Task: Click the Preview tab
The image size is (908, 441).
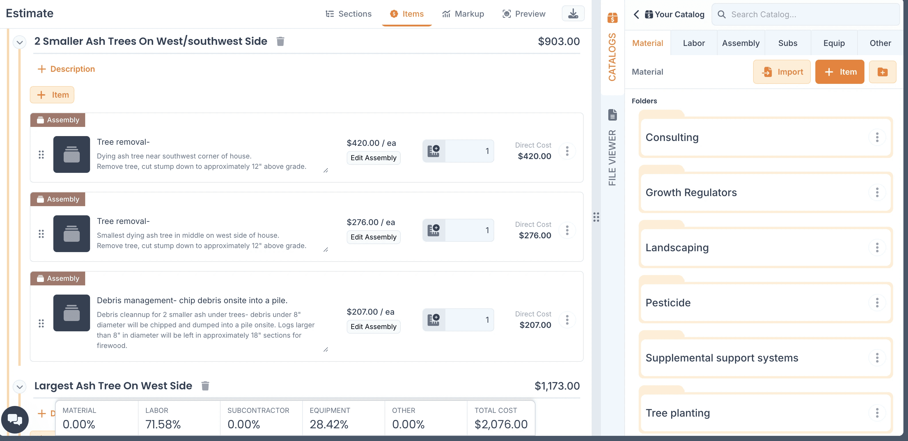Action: pos(524,14)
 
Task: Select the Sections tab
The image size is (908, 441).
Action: pos(348,14)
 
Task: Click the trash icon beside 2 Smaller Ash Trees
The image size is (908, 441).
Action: pos(280,41)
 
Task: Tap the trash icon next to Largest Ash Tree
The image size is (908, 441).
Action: pos(205,386)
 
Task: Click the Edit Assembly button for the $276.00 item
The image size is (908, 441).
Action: pos(373,237)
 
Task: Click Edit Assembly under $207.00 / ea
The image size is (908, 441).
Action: pos(373,327)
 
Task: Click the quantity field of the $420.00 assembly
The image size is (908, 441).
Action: pos(469,151)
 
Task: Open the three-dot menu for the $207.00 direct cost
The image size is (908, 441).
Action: pos(567,320)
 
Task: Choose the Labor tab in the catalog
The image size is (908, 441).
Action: pos(694,43)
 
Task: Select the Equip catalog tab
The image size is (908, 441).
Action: pos(834,43)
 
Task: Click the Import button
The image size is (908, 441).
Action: pos(782,72)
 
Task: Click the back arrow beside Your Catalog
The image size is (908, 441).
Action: pos(636,14)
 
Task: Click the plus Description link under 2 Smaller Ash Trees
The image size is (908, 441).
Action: pos(66,69)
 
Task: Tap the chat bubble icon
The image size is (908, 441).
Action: pos(15,419)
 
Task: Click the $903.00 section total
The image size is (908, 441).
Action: pos(559,41)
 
